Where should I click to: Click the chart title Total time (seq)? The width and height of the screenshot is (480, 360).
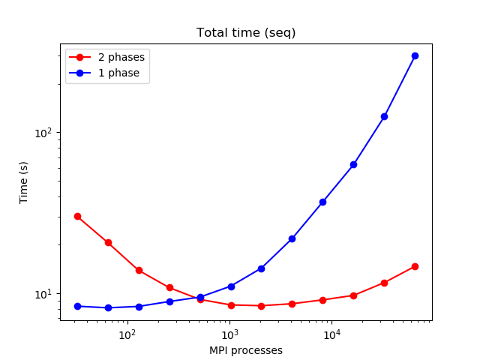tap(246, 33)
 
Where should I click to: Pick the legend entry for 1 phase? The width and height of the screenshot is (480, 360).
tap(118, 73)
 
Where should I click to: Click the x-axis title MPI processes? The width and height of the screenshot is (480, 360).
tap(246, 350)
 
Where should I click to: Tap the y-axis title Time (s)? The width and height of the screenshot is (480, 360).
tap(24, 182)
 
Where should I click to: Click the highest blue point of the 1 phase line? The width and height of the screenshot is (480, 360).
tap(415, 55)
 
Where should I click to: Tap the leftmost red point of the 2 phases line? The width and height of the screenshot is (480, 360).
tap(77, 216)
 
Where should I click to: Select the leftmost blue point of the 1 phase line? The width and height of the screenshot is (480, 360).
tap(77, 306)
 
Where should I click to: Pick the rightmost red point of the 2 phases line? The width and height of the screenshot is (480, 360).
tap(415, 266)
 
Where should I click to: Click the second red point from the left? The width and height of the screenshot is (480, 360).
tap(108, 242)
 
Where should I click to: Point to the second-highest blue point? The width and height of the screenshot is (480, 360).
tap(384, 116)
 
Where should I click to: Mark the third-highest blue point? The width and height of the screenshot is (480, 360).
tap(353, 164)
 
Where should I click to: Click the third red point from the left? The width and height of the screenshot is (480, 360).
tap(139, 270)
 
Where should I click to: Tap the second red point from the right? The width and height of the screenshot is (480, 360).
tap(384, 283)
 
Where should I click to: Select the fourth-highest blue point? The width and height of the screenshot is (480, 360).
tap(322, 202)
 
